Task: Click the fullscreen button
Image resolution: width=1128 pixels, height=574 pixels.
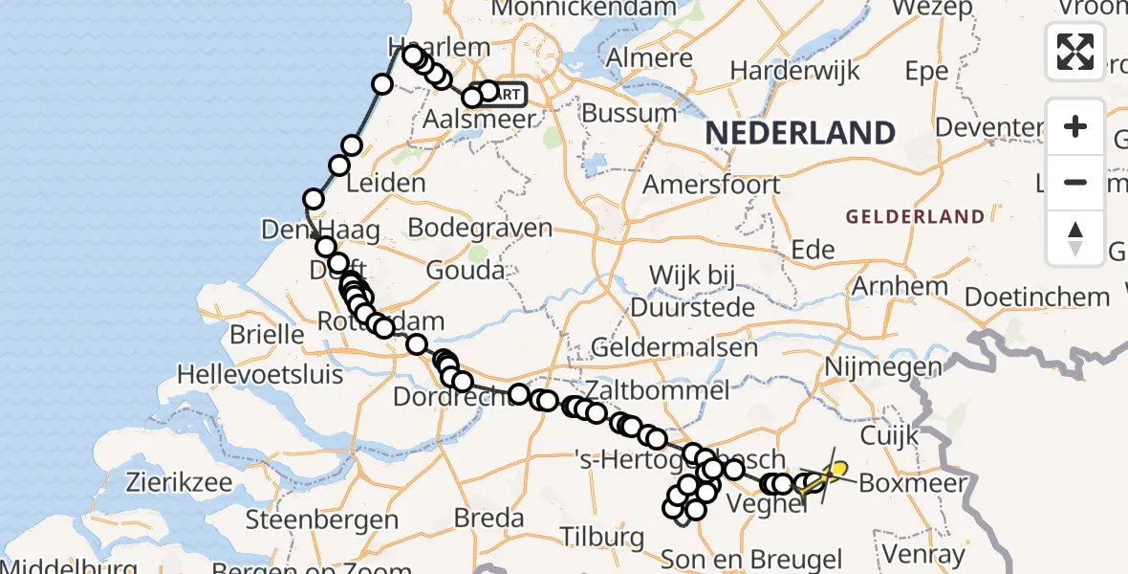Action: [x=1075, y=52]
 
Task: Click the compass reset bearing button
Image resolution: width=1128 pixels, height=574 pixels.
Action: [x=1075, y=238]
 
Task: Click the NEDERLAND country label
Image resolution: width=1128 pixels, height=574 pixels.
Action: [x=800, y=133]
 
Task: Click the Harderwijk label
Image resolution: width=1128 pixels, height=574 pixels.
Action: [x=793, y=71]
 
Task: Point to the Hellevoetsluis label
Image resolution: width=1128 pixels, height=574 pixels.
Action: [x=261, y=372]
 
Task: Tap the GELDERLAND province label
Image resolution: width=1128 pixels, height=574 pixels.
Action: [x=914, y=217]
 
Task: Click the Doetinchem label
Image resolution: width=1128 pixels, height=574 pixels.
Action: [x=1037, y=297]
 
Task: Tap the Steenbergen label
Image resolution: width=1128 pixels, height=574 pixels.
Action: [x=322, y=520]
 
